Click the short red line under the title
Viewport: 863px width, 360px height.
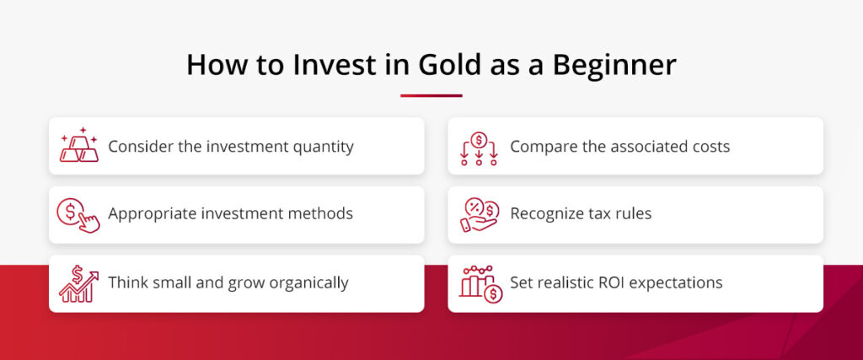pyautogui.click(x=431, y=95)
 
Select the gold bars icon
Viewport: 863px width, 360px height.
pyautogui.click(x=78, y=146)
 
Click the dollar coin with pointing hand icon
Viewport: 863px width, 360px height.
pyautogui.click(x=78, y=214)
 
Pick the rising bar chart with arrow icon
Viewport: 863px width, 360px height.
pyautogui.click(x=78, y=283)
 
